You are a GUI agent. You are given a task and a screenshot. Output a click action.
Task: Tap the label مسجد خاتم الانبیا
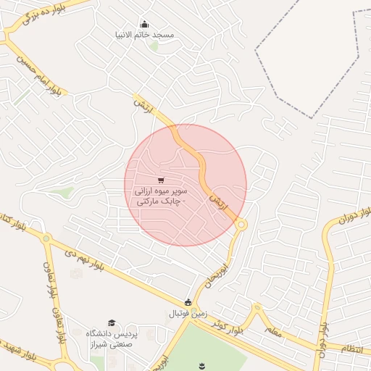click(x=149, y=35)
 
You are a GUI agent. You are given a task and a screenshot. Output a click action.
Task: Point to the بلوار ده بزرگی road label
click(x=48, y=12)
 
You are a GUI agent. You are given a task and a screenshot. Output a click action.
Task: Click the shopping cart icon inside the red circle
click(x=160, y=180)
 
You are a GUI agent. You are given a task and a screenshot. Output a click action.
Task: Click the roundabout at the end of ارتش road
click(x=241, y=225)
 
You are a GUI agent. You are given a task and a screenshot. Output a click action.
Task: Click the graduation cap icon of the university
click(x=111, y=322)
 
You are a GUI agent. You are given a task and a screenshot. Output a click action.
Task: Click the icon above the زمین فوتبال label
click(x=188, y=302)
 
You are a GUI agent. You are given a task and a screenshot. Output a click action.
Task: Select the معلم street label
click(x=271, y=330)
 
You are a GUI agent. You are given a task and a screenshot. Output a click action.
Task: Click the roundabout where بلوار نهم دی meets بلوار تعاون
click(x=46, y=238)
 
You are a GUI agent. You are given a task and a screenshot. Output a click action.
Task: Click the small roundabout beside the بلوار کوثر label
click(x=256, y=309)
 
